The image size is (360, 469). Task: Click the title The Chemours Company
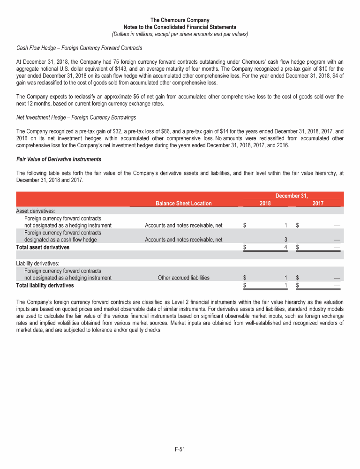point(180,20)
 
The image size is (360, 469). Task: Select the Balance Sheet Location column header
point(183,203)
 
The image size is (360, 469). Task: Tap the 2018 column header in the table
point(265,203)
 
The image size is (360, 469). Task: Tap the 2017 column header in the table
point(318,203)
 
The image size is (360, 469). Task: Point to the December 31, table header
point(291,195)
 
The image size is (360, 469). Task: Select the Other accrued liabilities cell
point(183,278)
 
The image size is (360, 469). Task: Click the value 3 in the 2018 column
point(285,240)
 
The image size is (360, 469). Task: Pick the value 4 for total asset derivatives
point(285,247)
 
